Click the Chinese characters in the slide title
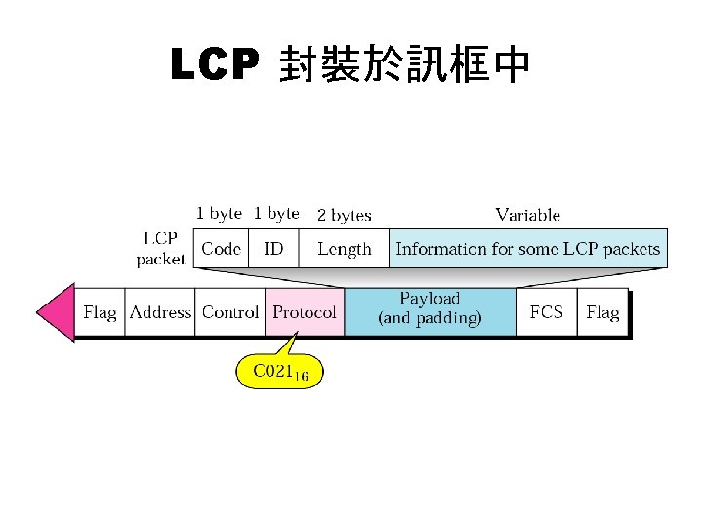coord(404,66)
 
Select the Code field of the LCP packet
coord(221,249)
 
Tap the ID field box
coord(273,249)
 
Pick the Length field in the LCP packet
coord(344,249)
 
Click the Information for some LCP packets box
coord(527,249)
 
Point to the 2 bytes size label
coord(344,215)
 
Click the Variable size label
coord(527,215)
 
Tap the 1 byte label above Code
coord(219,213)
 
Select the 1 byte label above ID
coord(276,213)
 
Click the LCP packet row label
coord(160,249)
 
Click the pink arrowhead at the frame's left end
coord(56,312)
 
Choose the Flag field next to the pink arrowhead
coord(100,312)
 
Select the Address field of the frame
coord(160,312)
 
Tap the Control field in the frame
coord(229,312)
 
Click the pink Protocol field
coord(304,312)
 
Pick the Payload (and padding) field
coord(430,309)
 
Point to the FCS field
coord(546,312)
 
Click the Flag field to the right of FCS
coord(601,312)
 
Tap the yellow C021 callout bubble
coord(279,372)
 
